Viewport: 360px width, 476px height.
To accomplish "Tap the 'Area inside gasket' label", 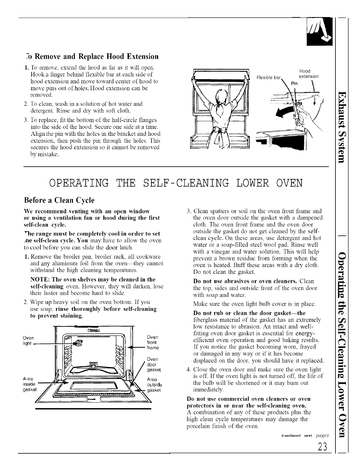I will [29, 384].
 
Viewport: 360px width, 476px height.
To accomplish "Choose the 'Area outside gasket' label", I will [154, 384].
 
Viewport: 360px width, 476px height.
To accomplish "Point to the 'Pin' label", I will [295, 84].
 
